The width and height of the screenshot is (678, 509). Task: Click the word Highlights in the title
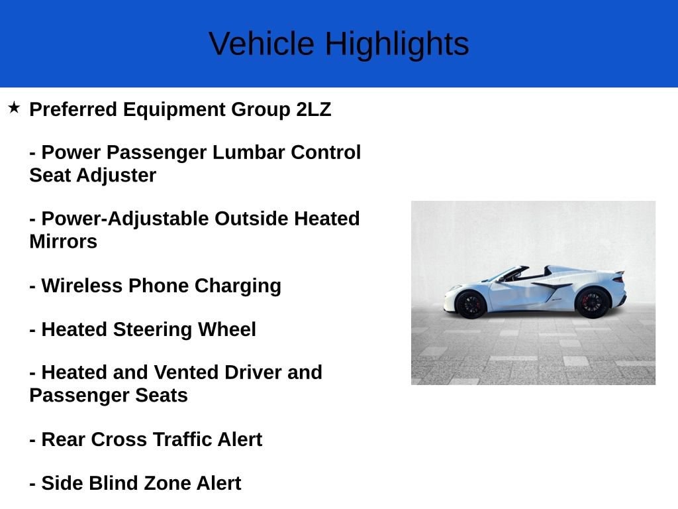click(x=397, y=44)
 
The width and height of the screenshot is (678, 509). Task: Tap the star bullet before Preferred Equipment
click(x=15, y=107)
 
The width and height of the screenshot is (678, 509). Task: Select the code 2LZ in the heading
click(x=313, y=109)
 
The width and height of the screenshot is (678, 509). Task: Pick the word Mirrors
click(x=63, y=241)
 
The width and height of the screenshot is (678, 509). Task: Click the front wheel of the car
click(x=471, y=304)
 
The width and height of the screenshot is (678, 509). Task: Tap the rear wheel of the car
click(x=591, y=303)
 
